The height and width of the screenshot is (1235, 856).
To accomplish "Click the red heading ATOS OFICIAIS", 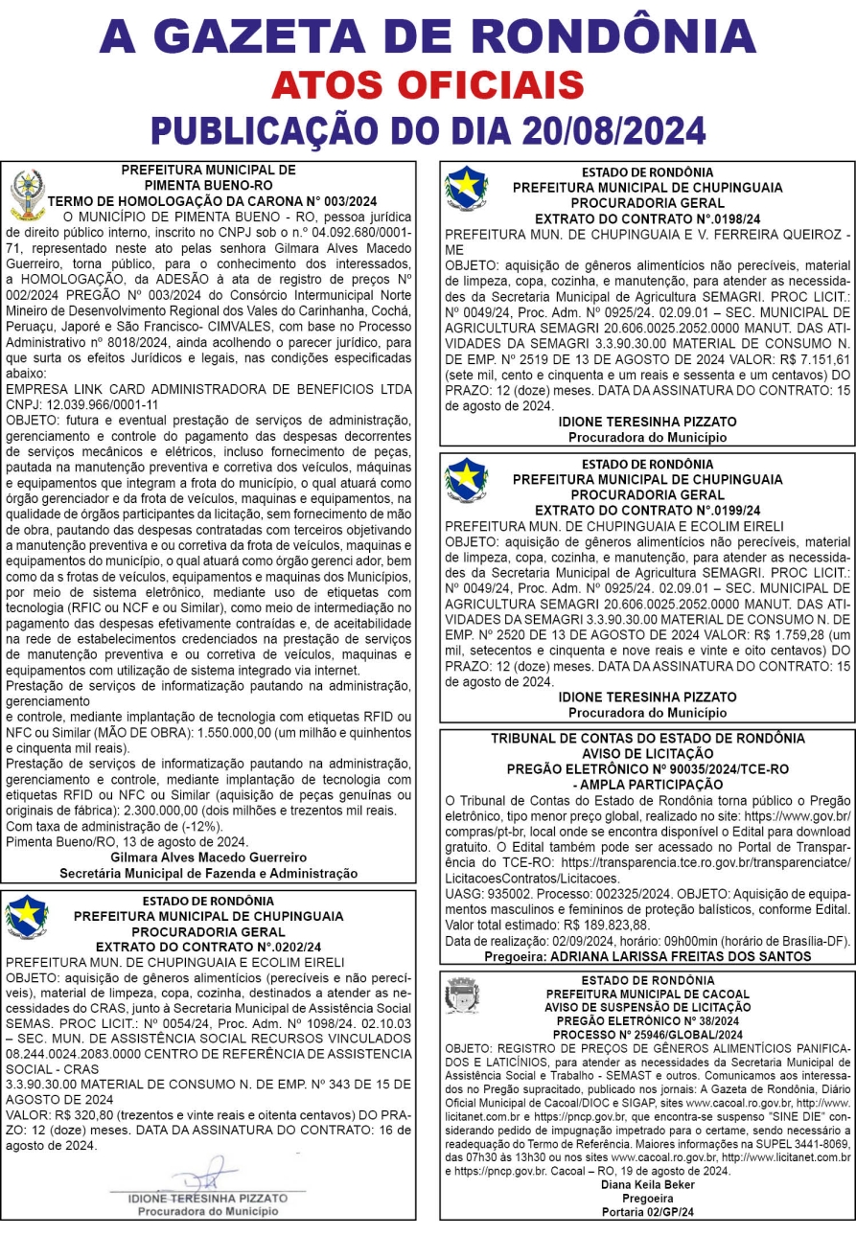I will [428, 84].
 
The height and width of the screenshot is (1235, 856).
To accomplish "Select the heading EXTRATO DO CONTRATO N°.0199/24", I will [647, 511].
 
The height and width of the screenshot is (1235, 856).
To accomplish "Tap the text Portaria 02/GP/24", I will [647, 1211].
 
